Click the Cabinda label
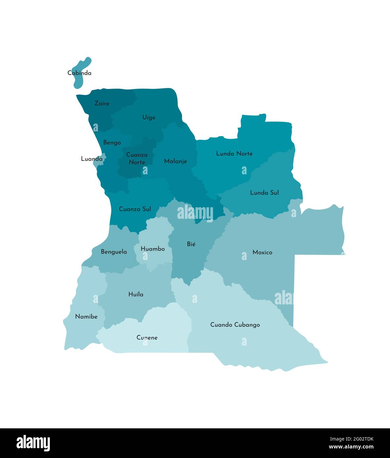[x=79, y=73]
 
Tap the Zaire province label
[x=102, y=103]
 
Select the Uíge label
[x=149, y=118]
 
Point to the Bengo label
[x=112, y=143]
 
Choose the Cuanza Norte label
[x=137, y=158]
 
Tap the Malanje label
[x=175, y=161]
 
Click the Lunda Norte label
[x=234, y=154]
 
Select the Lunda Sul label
[x=265, y=193]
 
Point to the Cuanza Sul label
[x=135, y=209]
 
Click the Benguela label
[x=114, y=252]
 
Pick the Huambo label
[x=153, y=249]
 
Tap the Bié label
[x=191, y=244]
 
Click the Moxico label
[x=262, y=252]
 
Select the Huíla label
[x=136, y=294]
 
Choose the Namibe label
[x=86, y=317]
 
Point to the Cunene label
[x=147, y=338]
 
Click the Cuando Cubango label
[x=235, y=325]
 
